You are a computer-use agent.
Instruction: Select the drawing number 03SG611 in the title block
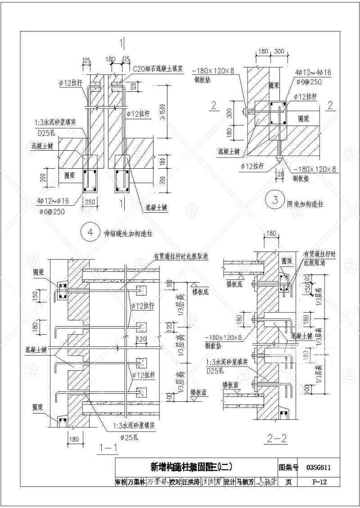point(318,467)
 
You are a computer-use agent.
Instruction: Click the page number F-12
point(319,481)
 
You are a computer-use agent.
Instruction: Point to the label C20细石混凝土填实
point(157,69)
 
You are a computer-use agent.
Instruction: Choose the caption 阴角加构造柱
point(306,204)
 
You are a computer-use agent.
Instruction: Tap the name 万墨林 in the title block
point(136,481)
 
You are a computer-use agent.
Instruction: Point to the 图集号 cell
point(288,467)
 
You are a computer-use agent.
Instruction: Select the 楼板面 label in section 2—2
point(229,386)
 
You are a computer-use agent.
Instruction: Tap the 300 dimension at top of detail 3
point(279,52)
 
